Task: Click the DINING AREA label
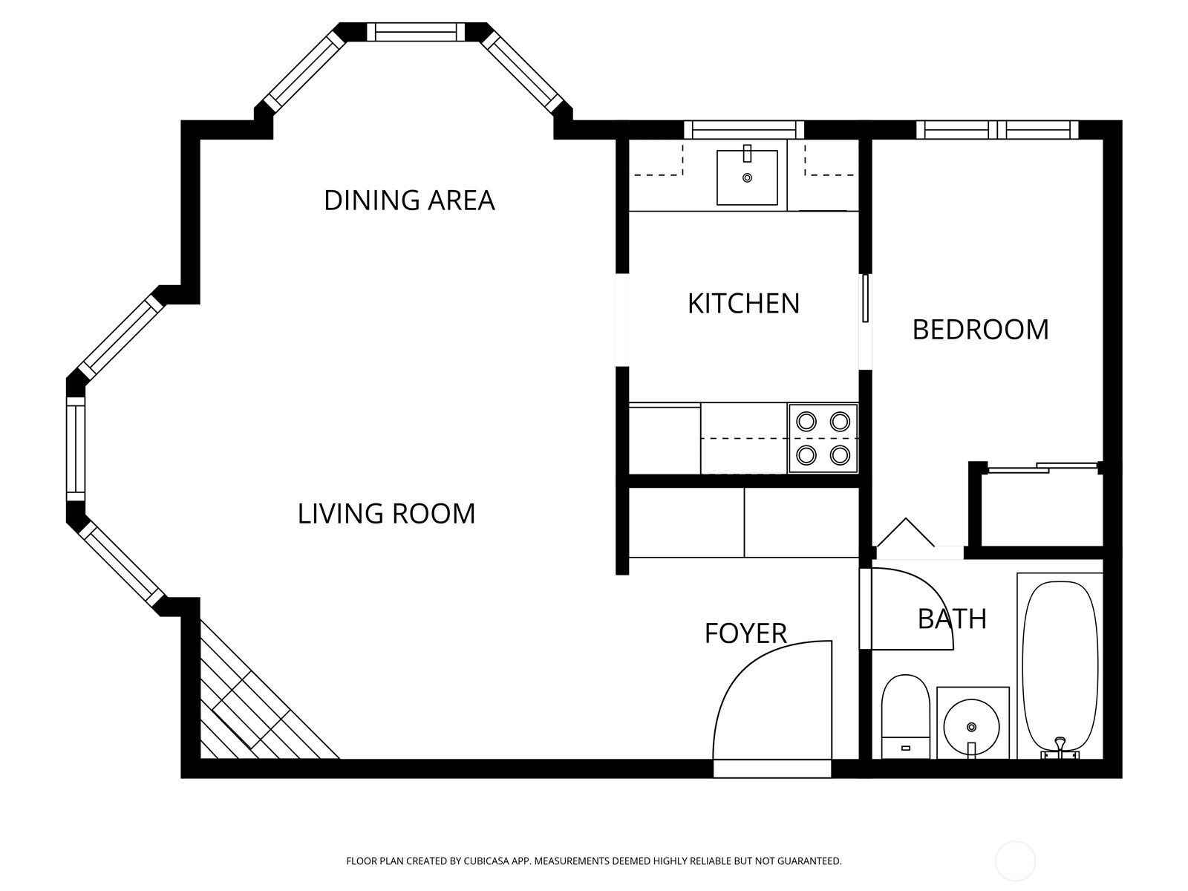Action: coord(409,200)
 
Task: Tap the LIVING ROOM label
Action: coord(386,513)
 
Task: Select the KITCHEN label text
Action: coord(744,304)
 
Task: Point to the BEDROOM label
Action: coord(980,330)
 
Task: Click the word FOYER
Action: coord(745,633)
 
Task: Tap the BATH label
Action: coord(952,619)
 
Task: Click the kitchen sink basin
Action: coord(747,177)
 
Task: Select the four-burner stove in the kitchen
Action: coord(823,437)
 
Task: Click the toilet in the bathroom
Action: coord(905,716)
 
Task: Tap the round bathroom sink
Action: coord(971,727)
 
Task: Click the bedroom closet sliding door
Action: coord(1042,468)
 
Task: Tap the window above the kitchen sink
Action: coord(744,130)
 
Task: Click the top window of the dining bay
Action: coord(416,32)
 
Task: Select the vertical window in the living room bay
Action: coord(76,450)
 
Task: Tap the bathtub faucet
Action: coord(1060,745)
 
